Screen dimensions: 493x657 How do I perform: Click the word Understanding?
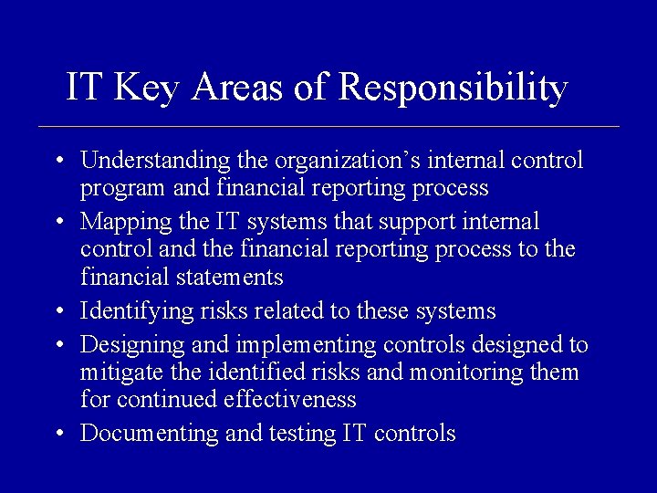click(155, 162)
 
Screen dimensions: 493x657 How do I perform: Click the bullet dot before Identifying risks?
click(58, 312)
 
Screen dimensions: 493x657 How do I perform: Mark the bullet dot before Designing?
click(58, 345)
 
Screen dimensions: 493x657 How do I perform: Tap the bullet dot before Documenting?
click(58, 434)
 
